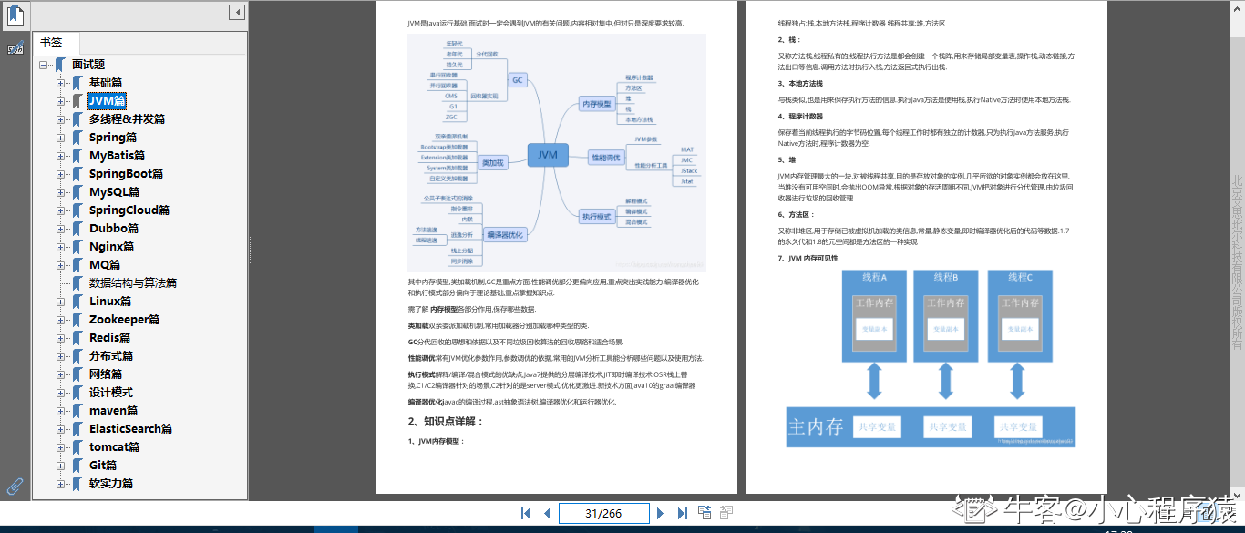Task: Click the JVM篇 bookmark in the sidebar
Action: [x=107, y=101]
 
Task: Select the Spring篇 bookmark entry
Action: [x=112, y=138]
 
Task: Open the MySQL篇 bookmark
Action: [x=114, y=192]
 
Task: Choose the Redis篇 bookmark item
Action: [x=109, y=338]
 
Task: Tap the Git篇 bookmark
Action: [x=102, y=466]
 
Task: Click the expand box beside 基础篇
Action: [x=61, y=83]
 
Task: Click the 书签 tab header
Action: [x=51, y=43]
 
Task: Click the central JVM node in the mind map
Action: [x=547, y=155]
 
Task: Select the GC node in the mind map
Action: [x=518, y=80]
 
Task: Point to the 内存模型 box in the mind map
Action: [x=597, y=105]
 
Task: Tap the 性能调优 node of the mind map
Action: [x=606, y=158]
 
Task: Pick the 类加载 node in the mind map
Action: [x=493, y=163]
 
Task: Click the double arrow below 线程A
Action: [x=874, y=380]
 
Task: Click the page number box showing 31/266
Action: [x=602, y=513]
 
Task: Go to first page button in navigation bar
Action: [x=526, y=513]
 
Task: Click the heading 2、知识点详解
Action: [x=446, y=421]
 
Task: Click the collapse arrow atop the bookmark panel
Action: [x=236, y=13]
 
